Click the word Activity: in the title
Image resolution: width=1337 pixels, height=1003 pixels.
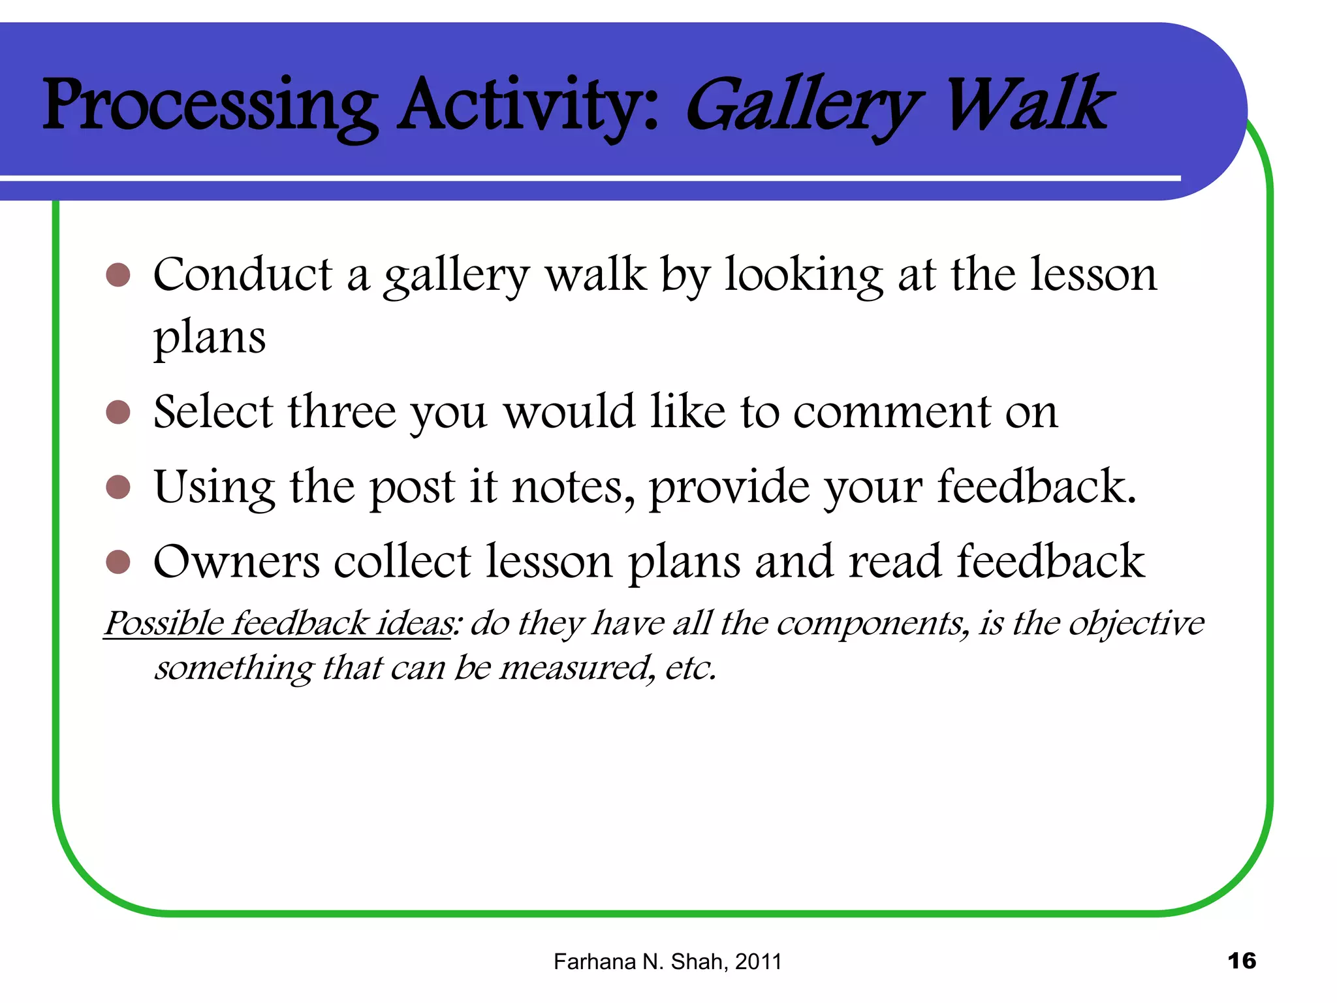point(529,104)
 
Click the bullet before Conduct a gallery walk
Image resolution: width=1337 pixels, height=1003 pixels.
point(118,276)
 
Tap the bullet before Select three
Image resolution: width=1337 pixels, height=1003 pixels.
point(118,413)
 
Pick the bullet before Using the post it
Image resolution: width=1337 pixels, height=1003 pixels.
point(118,487)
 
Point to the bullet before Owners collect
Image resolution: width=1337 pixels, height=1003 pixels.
point(118,562)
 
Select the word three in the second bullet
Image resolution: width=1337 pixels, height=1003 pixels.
point(342,413)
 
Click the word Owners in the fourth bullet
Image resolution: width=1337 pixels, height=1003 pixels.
point(236,562)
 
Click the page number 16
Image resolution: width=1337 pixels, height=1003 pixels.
point(1242,961)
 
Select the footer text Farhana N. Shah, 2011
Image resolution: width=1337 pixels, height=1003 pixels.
point(667,962)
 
